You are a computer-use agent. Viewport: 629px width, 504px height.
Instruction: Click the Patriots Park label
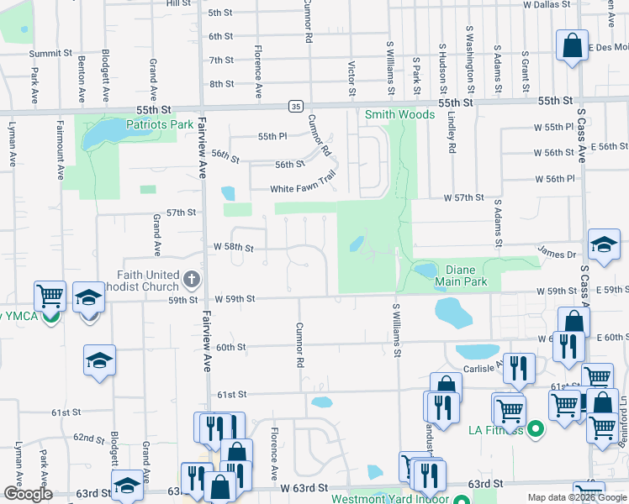[x=160, y=125]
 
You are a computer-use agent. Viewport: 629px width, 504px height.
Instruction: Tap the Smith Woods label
[x=399, y=113]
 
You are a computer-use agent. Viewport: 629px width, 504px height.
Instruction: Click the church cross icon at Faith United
[x=192, y=278]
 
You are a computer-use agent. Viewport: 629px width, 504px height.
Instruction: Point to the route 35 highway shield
[x=294, y=106]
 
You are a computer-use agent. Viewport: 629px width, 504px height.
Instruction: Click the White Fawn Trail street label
[x=303, y=188]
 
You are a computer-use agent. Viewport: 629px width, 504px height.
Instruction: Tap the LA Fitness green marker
[x=533, y=431]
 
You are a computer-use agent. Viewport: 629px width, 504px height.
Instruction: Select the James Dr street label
[x=555, y=253]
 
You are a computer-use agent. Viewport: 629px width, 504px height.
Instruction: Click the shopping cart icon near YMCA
[x=50, y=296]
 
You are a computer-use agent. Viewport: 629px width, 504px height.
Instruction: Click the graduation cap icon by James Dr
[x=603, y=244]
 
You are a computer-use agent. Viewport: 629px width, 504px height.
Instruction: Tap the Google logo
[x=28, y=494]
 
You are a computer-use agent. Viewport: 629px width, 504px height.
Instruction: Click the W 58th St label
[x=234, y=248]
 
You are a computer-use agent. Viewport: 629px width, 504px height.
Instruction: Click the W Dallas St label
[x=547, y=4]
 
